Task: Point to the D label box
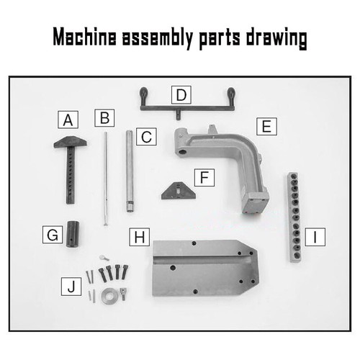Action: pyautogui.click(x=181, y=94)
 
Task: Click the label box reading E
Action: pyautogui.click(x=266, y=127)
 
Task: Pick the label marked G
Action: pyautogui.click(x=52, y=235)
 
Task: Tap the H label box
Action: pyautogui.click(x=139, y=237)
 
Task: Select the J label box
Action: pyautogui.click(x=70, y=287)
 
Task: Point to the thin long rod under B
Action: pyautogui.click(x=105, y=180)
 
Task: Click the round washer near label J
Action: pyautogui.click(x=111, y=294)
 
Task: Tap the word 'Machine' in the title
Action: pyautogui.click(x=86, y=38)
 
